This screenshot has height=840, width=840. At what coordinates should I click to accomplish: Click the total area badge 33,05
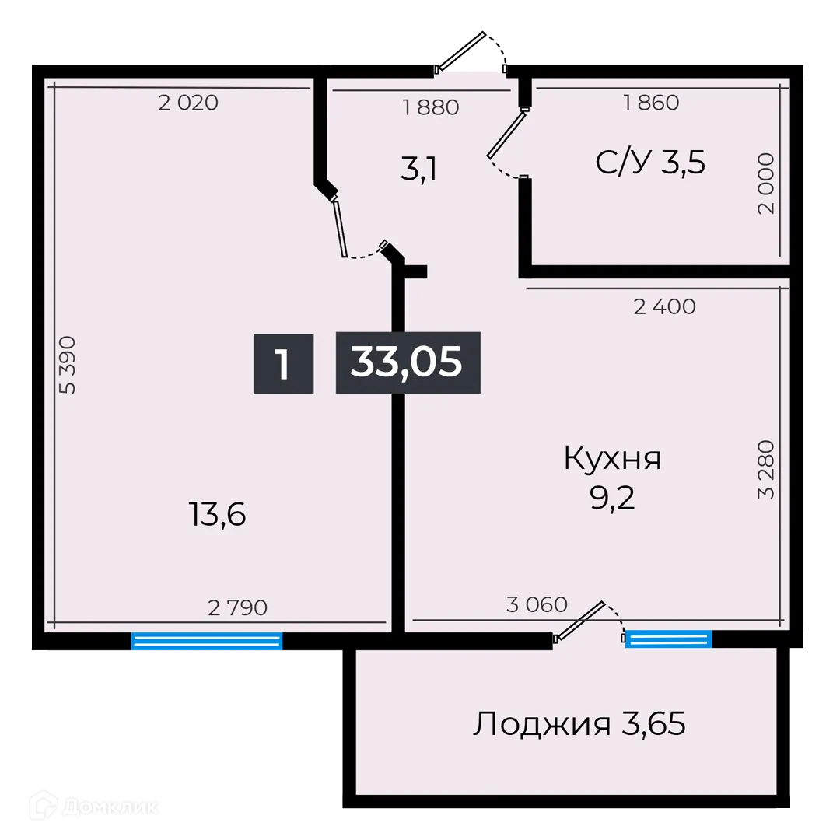click(x=408, y=362)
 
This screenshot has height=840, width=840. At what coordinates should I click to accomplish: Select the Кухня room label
click(x=612, y=458)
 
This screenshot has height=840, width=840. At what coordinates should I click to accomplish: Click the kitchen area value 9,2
click(x=612, y=498)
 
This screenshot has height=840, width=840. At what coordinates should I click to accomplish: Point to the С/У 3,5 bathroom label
click(x=650, y=163)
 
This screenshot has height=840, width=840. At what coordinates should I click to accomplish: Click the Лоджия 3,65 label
click(x=579, y=725)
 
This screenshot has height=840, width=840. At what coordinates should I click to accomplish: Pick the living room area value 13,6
click(x=217, y=513)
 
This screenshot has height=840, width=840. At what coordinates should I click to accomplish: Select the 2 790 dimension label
click(x=237, y=607)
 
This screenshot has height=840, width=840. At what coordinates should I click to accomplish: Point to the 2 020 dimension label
click(x=188, y=102)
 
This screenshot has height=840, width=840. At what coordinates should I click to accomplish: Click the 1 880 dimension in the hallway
click(x=431, y=107)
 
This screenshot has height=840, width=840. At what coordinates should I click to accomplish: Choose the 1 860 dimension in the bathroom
click(x=651, y=102)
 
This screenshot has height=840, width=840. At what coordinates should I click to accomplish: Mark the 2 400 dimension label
click(x=664, y=306)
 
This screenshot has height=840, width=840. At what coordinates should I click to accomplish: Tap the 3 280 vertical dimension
click(x=766, y=469)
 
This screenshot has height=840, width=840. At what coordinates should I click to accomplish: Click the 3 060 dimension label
click(x=537, y=604)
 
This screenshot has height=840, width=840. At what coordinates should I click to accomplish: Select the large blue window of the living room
click(x=206, y=642)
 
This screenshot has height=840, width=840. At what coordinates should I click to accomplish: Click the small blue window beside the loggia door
click(x=669, y=639)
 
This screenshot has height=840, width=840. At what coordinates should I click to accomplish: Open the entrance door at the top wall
click(x=471, y=51)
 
